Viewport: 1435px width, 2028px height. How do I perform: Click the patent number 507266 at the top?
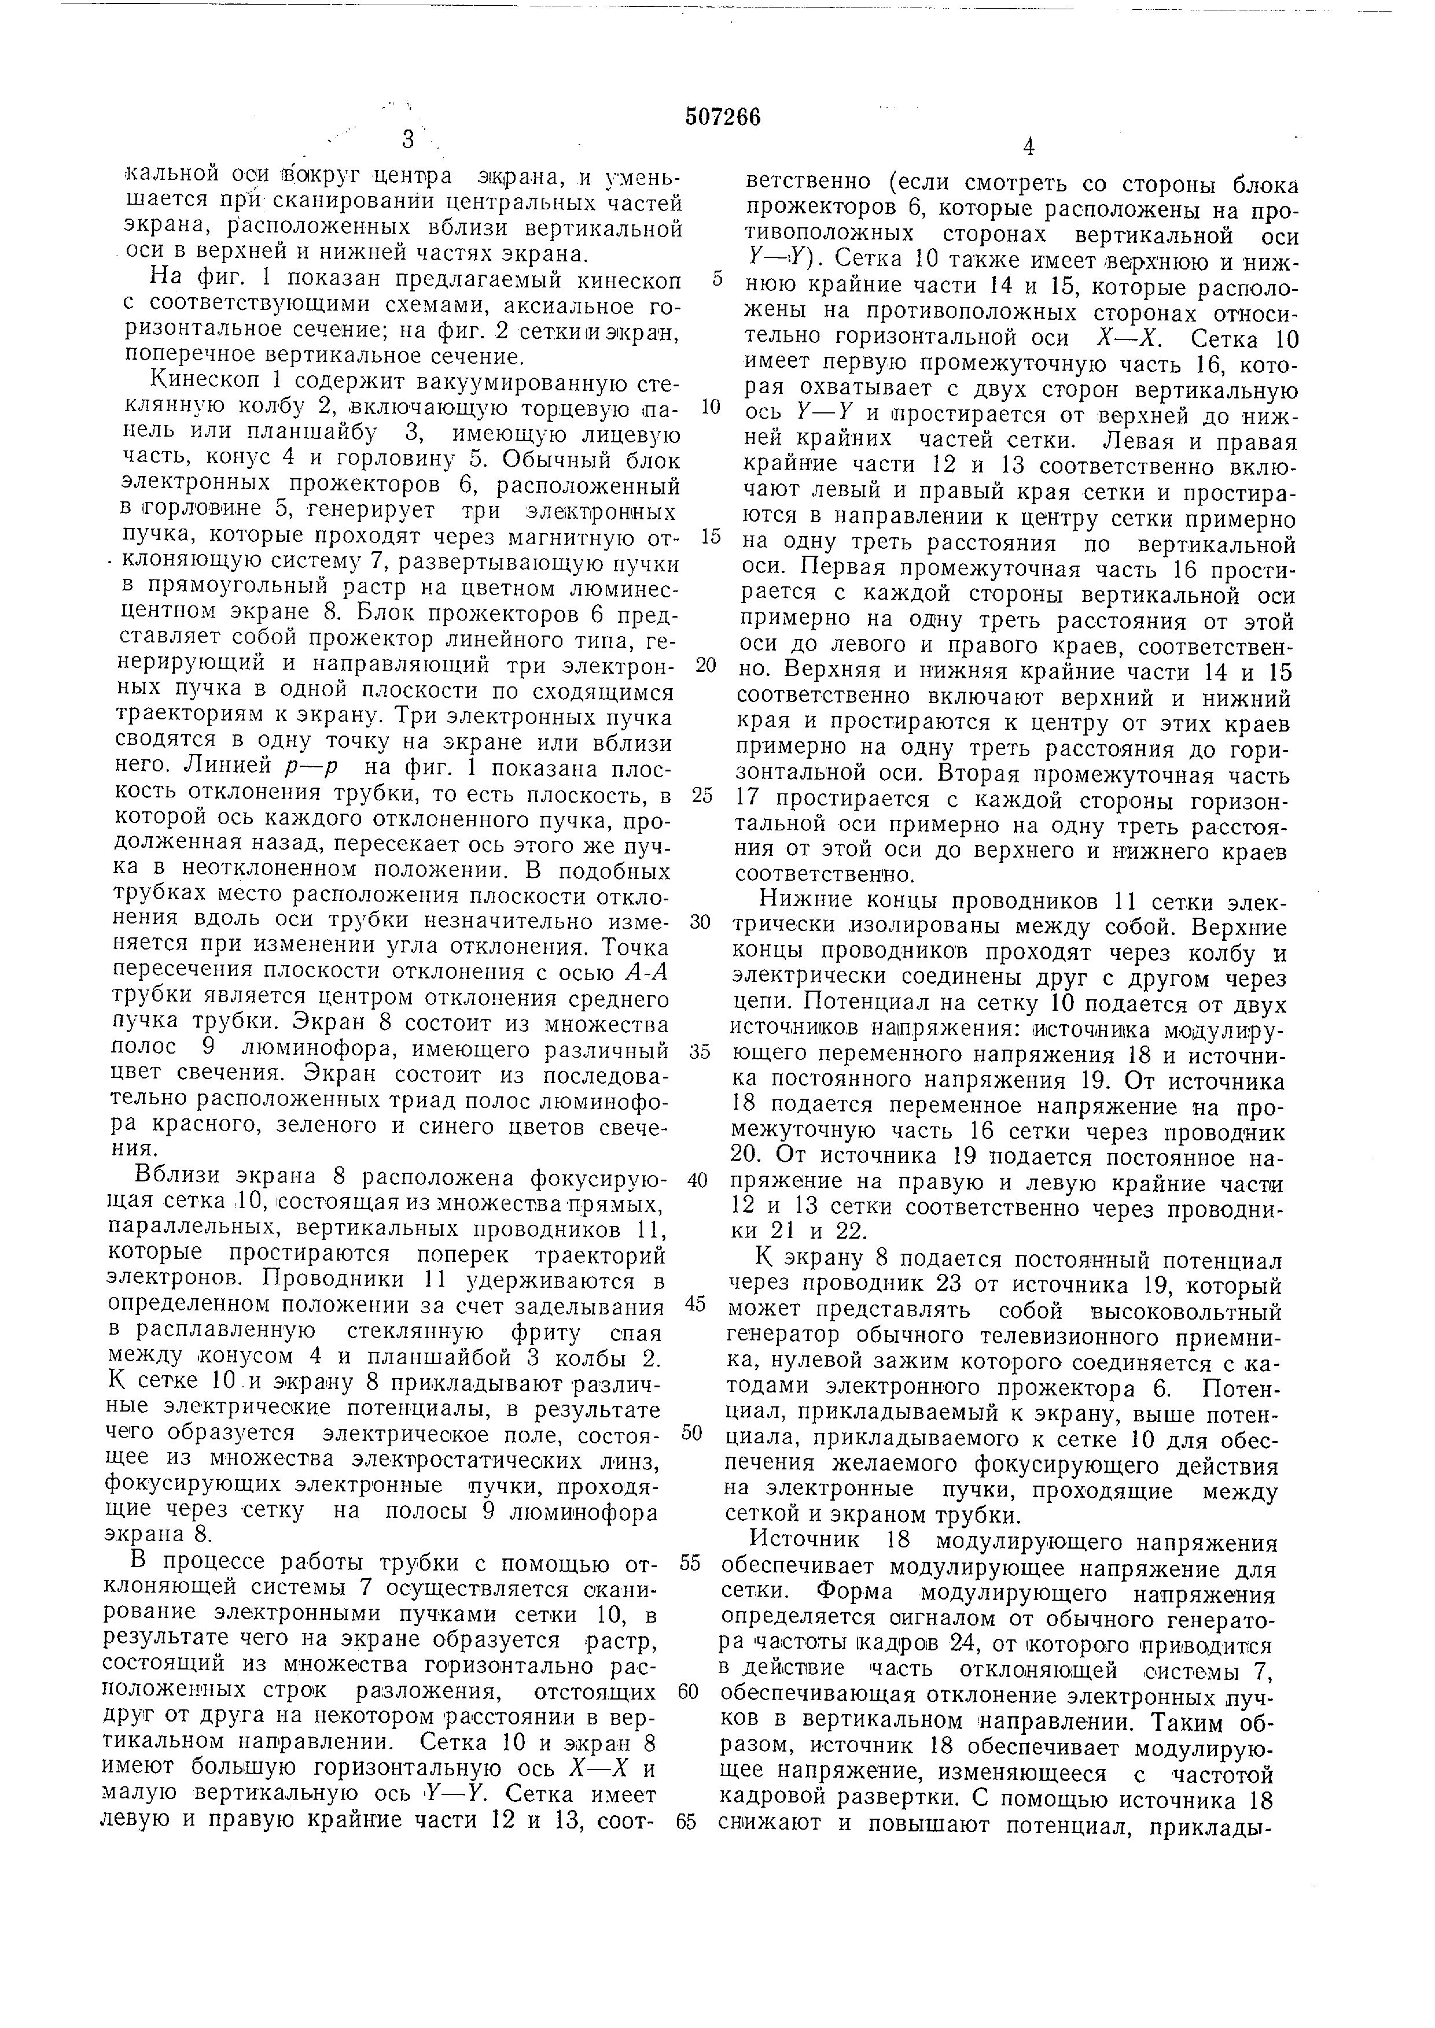(722, 117)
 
